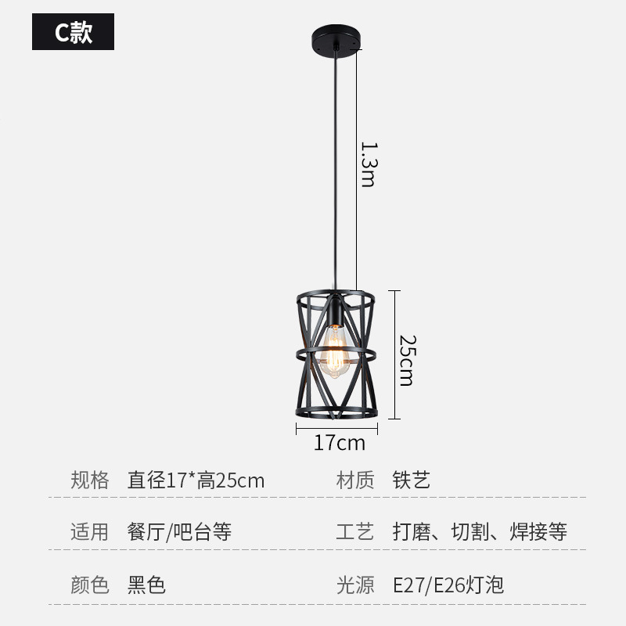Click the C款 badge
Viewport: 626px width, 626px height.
pyautogui.click(x=73, y=32)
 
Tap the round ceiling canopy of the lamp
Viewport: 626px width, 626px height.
pyautogui.click(x=337, y=36)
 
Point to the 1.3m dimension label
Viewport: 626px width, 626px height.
pyautogui.click(x=368, y=164)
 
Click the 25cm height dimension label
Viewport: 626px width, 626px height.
pyautogui.click(x=405, y=360)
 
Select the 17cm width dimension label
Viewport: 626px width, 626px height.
pyautogui.click(x=339, y=443)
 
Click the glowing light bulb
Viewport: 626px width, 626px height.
pyautogui.click(x=336, y=353)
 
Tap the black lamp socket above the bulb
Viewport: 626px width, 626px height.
pyautogui.click(x=335, y=310)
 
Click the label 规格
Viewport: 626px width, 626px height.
pyautogui.click(x=90, y=480)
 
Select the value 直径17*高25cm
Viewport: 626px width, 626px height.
pyautogui.click(x=196, y=480)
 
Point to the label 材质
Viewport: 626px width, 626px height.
pyautogui.click(x=355, y=480)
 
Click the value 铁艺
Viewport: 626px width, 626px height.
pyautogui.click(x=412, y=480)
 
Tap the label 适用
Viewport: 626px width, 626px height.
pyautogui.click(x=90, y=532)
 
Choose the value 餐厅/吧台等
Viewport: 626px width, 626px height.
pyautogui.click(x=179, y=532)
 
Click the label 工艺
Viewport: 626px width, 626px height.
pyautogui.click(x=355, y=532)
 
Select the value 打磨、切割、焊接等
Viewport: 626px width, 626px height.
pyautogui.click(x=480, y=532)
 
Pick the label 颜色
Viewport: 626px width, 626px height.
pyautogui.click(x=90, y=585)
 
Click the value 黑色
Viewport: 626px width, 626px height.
pyautogui.click(x=146, y=585)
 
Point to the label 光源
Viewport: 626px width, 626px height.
pyautogui.click(x=355, y=585)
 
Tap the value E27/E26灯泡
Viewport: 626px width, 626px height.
pyautogui.click(x=448, y=585)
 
